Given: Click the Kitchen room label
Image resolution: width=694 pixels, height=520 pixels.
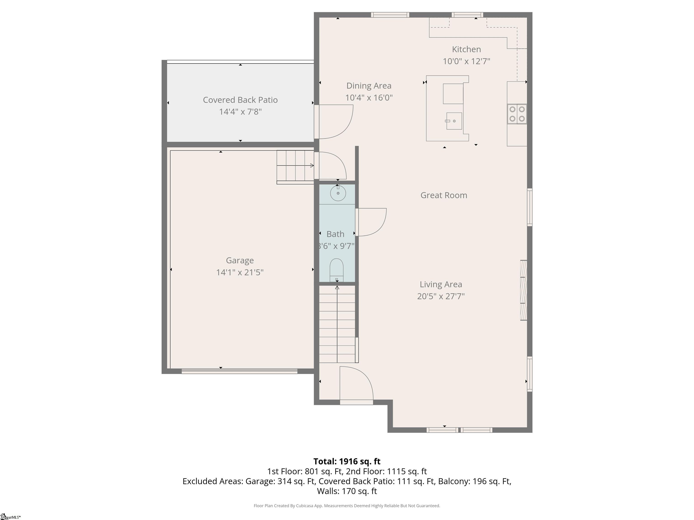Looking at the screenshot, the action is (466, 49).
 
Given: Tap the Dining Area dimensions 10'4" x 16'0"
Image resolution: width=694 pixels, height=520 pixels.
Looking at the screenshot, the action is (369, 97).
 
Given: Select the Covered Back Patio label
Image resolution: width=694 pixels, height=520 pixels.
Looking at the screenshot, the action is (240, 100).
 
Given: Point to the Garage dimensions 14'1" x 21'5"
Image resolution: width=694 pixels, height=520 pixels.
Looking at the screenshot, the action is (240, 272).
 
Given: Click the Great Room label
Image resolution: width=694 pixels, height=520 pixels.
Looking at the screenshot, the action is (444, 195).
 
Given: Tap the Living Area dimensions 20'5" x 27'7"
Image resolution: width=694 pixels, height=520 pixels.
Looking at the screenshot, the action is (441, 296).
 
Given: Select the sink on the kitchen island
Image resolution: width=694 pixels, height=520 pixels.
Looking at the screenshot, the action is (454, 121).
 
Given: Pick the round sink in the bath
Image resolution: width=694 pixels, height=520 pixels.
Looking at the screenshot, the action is (338, 193).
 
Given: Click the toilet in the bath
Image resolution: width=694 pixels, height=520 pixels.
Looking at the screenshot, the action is (337, 270).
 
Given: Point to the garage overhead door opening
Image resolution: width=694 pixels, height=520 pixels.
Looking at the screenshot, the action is (239, 371).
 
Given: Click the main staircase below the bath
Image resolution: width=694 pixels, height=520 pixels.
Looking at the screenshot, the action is (338, 324).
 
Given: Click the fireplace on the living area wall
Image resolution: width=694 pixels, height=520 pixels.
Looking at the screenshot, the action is (523, 290).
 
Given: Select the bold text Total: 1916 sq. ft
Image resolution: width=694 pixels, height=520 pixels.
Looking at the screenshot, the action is (347, 461).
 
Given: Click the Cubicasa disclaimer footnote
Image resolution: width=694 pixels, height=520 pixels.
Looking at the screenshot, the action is (347, 506).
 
